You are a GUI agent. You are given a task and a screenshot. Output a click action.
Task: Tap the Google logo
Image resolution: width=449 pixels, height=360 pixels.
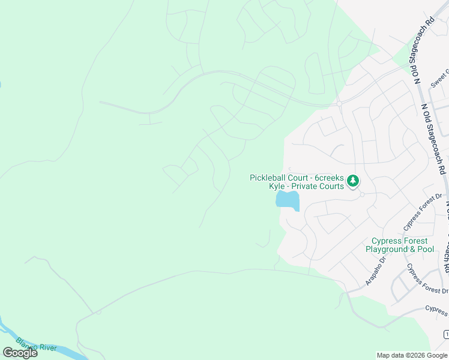click(x=20, y=353)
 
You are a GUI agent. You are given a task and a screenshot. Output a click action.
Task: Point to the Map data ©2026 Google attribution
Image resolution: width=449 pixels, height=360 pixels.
click(x=412, y=355)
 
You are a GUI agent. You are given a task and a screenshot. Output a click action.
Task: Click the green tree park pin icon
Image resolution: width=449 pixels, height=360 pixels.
click(x=354, y=179)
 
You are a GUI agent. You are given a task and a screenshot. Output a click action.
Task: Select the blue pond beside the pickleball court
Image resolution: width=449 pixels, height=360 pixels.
click(x=288, y=200)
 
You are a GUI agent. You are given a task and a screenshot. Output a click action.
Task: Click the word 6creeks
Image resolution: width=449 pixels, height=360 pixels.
click(x=328, y=178)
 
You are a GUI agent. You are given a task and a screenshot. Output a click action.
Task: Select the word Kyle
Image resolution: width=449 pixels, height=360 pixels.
click(x=276, y=186)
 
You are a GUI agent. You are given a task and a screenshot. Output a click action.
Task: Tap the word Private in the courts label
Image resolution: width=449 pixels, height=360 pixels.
click(x=305, y=186)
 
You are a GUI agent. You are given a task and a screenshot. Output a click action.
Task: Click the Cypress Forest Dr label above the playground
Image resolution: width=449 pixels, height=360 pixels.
click(x=423, y=211)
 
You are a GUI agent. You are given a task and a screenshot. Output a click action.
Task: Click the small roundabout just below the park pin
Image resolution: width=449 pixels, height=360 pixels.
click(x=362, y=194)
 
